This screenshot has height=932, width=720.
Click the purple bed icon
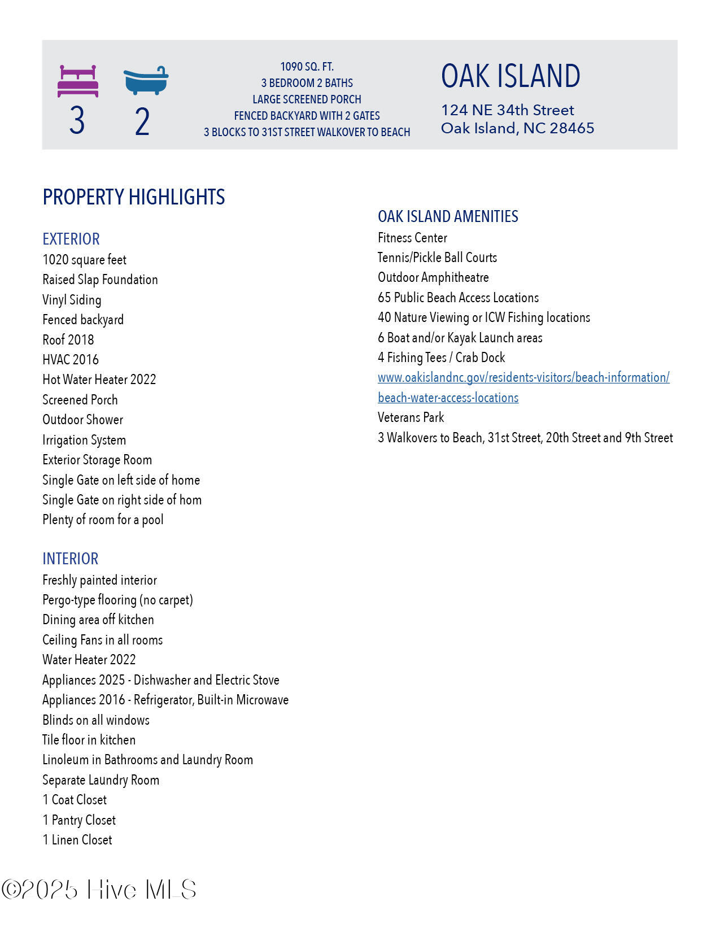(x=78, y=81)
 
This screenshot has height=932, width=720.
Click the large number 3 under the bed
(x=77, y=121)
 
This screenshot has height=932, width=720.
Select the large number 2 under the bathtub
(x=142, y=122)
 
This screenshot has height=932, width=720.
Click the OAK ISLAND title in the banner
(x=510, y=76)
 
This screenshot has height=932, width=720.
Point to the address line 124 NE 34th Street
(x=507, y=110)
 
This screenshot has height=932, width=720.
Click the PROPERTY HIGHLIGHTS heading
(x=134, y=197)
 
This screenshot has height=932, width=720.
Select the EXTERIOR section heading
(x=71, y=239)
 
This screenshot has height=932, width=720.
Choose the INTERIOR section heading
(x=71, y=559)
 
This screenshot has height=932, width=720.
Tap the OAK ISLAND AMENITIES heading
(x=448, y=216)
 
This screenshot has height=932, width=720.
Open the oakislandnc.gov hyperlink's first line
(x=523, y=377)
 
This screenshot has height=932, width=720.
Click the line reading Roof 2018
(x=68, y=339)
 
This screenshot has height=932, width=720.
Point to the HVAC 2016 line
(x=71, y=360)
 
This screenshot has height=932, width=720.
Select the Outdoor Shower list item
(x=82, y=420)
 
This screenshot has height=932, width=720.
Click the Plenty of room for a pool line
(x=103, y=520)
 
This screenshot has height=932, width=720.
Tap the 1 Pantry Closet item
(x=79, y=820)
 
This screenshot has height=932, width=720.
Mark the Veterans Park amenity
(x=411, y=417)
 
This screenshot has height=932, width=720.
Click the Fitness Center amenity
(x=412, y=238)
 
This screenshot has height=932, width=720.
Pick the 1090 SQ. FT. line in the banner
(x=307, y=67)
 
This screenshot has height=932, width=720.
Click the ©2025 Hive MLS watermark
(x=99, y=890)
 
